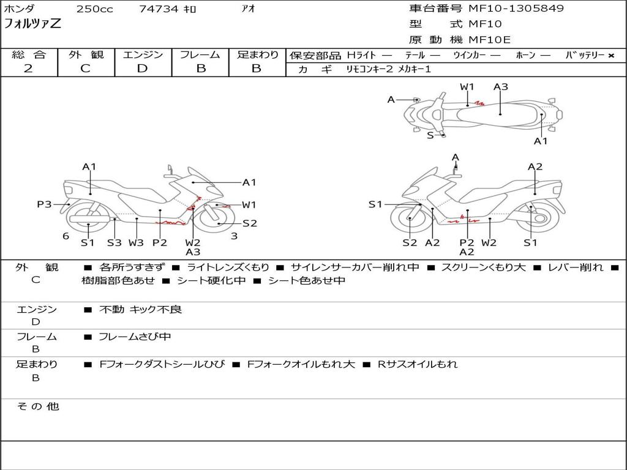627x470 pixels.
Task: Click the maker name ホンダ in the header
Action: (x=20, y=9)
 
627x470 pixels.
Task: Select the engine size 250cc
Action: (x=94, y=9)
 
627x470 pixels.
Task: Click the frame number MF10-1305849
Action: (x=516, y=9)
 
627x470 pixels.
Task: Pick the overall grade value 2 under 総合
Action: (x=28, y=69)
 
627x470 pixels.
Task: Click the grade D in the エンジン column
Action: (x=143, y=69)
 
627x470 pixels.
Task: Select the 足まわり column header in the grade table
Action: (x=258, y=55)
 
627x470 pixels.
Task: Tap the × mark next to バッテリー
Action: (x=610, y=56)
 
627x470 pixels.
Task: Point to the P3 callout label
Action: (x=44, y=204)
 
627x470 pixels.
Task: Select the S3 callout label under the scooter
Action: (x=115, y=242)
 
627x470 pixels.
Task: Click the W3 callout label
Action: (x=136, y=242)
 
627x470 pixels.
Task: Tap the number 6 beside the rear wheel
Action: (x=66, y=236)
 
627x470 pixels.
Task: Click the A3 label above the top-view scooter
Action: (x=501, y=87)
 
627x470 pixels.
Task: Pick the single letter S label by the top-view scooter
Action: (x=430, y=135)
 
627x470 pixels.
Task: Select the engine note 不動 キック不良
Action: (x=141, y=310)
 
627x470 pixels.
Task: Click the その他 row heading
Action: (x=37, y=406)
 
